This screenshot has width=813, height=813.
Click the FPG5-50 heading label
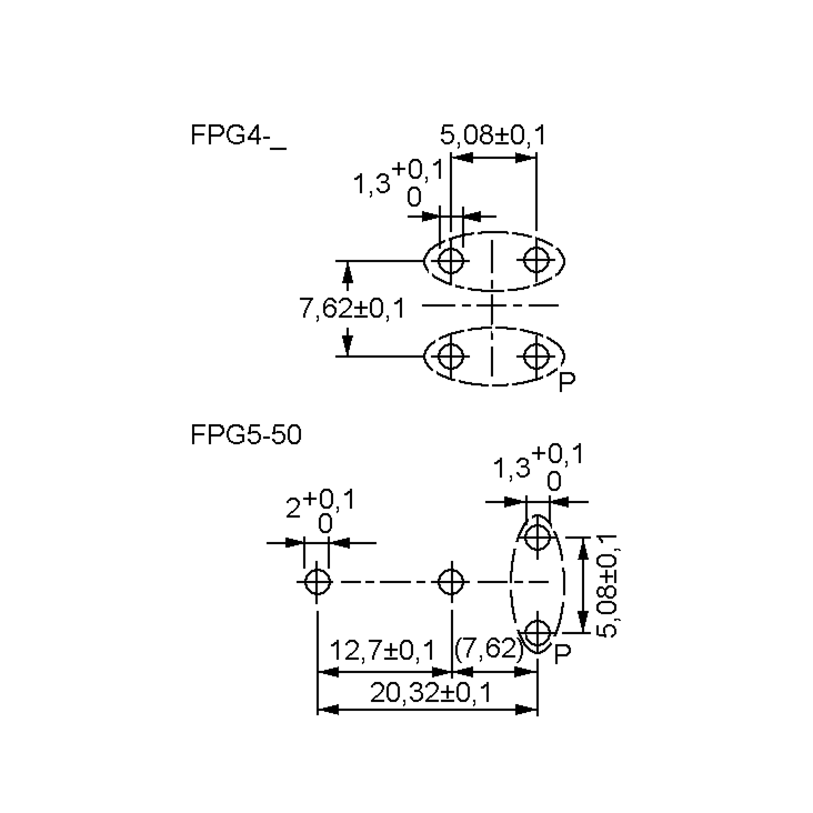[x=246, y=435]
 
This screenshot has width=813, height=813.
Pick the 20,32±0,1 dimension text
[x=431, y=693]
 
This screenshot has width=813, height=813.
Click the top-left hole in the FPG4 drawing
[x=451, y=261]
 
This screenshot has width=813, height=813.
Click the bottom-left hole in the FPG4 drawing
[x=451, y=356]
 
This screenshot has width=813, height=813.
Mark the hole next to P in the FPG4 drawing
[x=536, y=356]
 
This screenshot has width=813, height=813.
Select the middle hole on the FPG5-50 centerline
[x=451, y=582]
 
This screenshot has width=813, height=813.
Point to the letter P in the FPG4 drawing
[x=567, y=382]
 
